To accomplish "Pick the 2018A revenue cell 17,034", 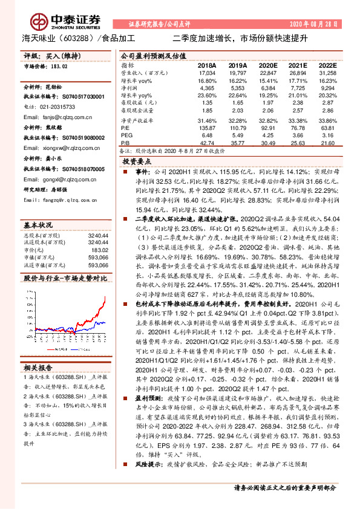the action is point(207,73).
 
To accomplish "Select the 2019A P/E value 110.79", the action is point(238,128).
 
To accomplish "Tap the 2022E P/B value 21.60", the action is point(327,143).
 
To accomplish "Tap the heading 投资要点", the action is point(136,163).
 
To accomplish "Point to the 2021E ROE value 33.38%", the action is point(297,120).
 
